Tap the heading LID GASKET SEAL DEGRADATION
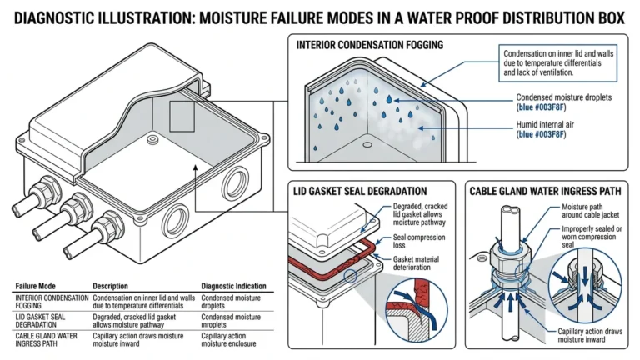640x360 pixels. point(360,191)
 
